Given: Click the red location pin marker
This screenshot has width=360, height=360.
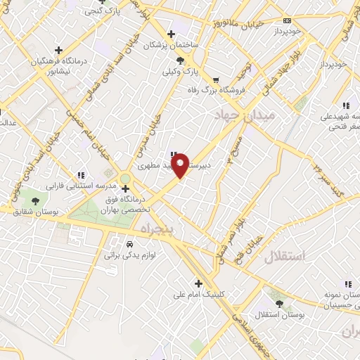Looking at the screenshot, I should pyautogui.click(x=180, y=166).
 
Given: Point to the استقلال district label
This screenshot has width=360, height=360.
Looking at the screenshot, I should pyautogui.click(x=286, y=256).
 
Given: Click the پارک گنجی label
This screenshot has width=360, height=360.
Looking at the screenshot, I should pyautogui.click(x=101, y=11).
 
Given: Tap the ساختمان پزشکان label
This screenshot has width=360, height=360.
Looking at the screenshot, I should pyautogui.click(x=172, y=45).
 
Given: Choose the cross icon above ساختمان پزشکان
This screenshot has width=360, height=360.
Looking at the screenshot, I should pyautogui.click(x=171, y=34).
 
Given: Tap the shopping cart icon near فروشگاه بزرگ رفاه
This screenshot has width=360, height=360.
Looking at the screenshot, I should pyautogui.click(x=215, y=79).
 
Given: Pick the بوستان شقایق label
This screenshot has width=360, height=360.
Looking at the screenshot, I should pyautogui.click(x=34, y=212).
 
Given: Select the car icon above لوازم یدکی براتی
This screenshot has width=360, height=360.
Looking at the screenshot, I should pyautogui.click(x=131, y=243).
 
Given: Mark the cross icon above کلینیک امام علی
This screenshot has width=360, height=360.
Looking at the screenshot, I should pyautogui.click(x=199, y=284).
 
